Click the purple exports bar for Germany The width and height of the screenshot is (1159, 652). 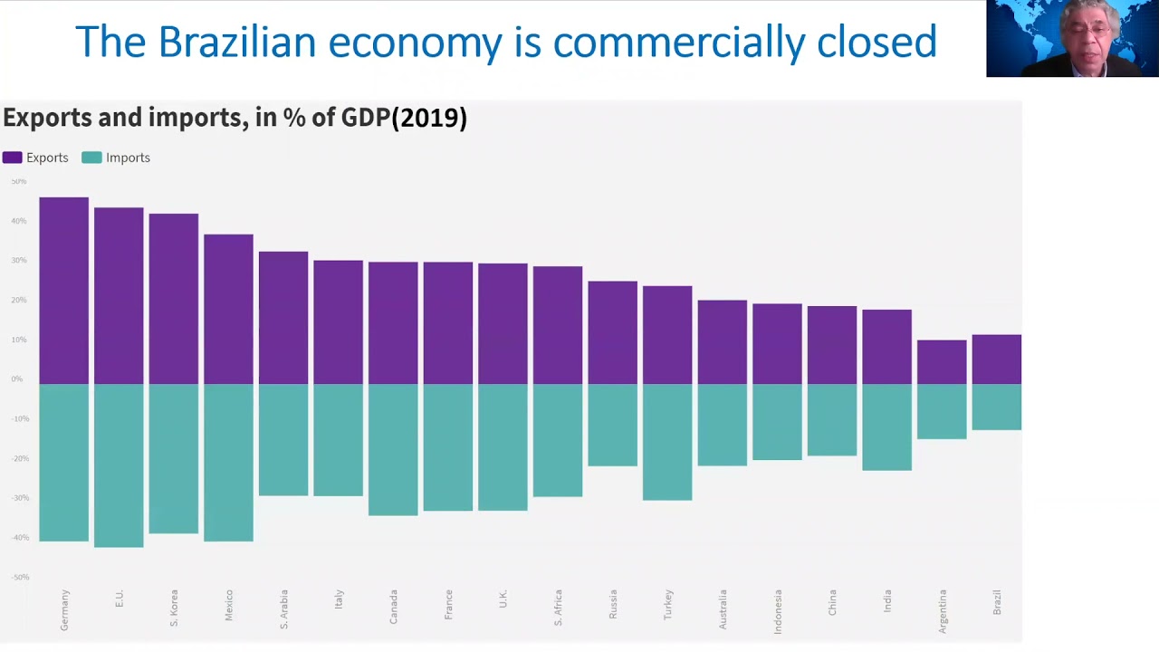[x=63, y=290]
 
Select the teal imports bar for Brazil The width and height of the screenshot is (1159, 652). [x=996, y=407]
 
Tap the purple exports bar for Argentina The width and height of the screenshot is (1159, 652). [x=942, y=361]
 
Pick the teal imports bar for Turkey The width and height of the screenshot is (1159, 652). [x=667, y=441]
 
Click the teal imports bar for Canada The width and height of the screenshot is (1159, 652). [x=393, y=449]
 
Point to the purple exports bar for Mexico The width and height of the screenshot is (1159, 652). [x=228, y=309]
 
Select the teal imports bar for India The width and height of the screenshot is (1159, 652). [x=886, y=427]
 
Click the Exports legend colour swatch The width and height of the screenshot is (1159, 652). [x=13, y=158]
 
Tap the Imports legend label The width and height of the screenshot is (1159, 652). [x=128, y=158]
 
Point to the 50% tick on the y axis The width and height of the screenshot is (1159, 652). [x=19, y=182]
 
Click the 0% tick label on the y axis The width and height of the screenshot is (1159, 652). [x=17, y=379]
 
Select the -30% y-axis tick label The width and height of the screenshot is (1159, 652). [x=20, y=498]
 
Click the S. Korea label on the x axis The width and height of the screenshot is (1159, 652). [x=174, y=608]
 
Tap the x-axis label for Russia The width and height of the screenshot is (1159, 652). [x=613, y=604]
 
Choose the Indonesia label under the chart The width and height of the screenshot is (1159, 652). [x=778, y=611]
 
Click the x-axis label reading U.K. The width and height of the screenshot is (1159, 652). [x=503, y=599]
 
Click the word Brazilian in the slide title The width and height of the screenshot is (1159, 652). [x=237, y=43]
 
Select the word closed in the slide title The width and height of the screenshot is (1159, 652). [x=876, y=43]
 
